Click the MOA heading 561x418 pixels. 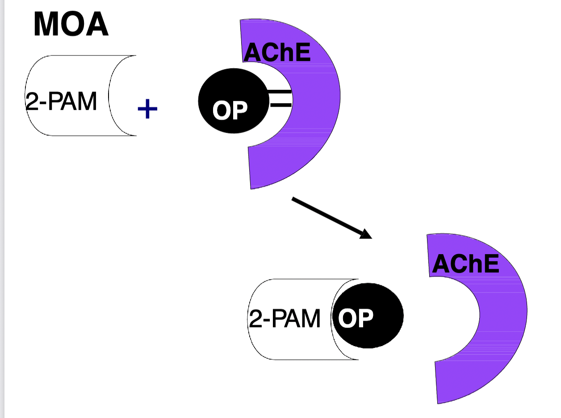(71, 24)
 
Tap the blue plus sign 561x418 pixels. (147, 109)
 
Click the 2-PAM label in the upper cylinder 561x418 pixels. (61, 102)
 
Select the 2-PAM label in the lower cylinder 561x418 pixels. (285, 319)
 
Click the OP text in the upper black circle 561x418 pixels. (230, 110)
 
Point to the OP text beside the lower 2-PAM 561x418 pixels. (356, 318)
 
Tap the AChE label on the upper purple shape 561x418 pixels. (276, 53)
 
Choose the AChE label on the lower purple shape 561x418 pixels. (465, 264)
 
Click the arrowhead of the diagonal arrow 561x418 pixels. (367, 234)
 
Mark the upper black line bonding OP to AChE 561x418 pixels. (280, 92)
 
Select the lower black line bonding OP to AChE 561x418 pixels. (280, 105)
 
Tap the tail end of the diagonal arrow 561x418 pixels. (293, 199)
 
